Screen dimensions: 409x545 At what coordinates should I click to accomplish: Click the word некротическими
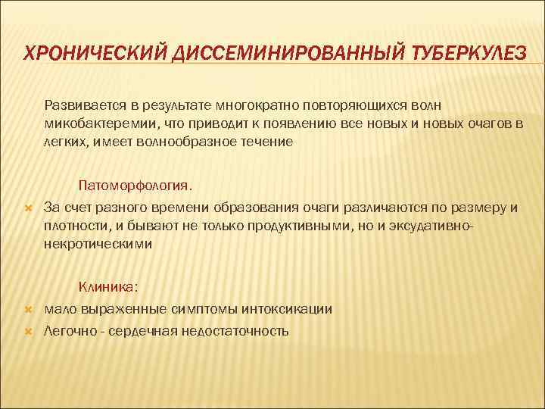coord(98,244)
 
